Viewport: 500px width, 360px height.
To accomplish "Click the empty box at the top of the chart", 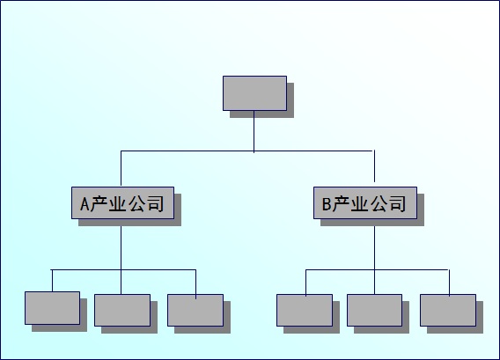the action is (x=254, y=93).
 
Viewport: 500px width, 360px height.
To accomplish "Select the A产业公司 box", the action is (x=122, y=202).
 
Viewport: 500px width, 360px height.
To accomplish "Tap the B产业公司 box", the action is (x=365, y=202).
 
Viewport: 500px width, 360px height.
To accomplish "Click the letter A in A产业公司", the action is (x=85, y=204).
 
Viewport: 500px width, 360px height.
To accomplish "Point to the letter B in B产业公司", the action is (x=327, y=204).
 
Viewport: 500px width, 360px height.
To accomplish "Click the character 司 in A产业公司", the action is (x=155, y=204).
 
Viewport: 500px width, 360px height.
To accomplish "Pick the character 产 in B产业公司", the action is (x=341, y=204).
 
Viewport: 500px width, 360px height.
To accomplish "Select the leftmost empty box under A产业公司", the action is (x=52, y=308).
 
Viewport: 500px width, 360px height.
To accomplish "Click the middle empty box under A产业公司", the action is (x=122, y=310).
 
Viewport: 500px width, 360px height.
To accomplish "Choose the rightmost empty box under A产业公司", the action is (x=195, y=310).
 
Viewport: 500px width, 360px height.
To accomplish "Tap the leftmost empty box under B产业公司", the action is (x=305, y=310).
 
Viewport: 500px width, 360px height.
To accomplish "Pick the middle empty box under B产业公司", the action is (x=375, y=310).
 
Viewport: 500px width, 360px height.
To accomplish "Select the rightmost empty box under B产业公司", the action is (x=448, y=310).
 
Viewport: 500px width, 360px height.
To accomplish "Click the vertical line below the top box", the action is (x=254, y=132).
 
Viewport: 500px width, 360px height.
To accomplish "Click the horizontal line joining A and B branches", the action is (x=246, y=151).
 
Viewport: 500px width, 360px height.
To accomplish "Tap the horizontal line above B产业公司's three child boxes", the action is (x=378, y=269).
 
